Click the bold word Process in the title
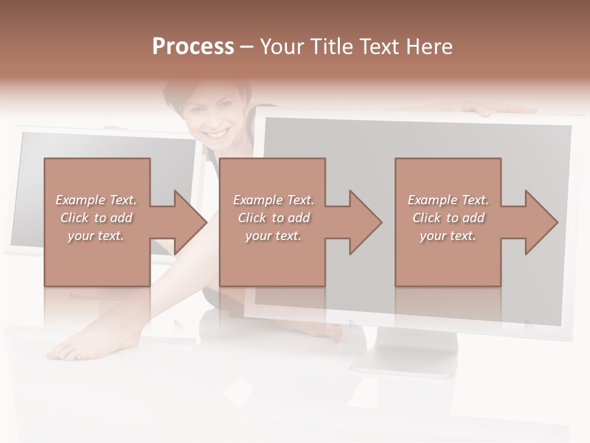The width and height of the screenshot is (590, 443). [x=193, y=47]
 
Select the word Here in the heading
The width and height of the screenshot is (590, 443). [x=430, y=47]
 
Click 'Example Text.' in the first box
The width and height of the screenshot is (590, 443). [x=96, y=200]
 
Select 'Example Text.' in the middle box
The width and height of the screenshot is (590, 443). [x=273, y=200]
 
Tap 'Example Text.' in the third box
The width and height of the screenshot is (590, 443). [x=448, y=200]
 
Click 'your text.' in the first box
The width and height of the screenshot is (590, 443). [x=96, y=236]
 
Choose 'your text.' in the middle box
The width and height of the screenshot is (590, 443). [x=273, y=236]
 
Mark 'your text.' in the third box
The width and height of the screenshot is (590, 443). [x=448, y=236]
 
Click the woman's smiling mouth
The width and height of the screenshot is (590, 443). [x=216, y=134]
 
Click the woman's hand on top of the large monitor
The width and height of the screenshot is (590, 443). [x=492, y=109]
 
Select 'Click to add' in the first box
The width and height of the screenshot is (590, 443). [x=96, y=218]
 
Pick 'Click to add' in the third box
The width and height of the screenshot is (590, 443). [x=448, y=218]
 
